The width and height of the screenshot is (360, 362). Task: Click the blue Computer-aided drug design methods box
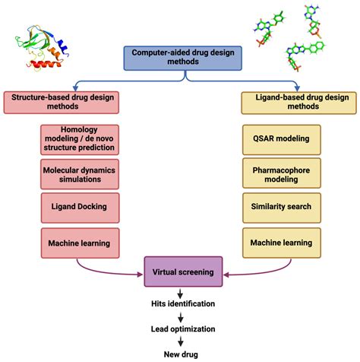coord(180,57)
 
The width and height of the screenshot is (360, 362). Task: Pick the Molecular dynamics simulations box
coord(79,174)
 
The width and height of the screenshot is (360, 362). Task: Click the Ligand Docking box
coord(79,207)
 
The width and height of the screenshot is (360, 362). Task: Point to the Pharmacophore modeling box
coord(278,173)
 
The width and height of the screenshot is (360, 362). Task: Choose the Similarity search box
coord(278,207)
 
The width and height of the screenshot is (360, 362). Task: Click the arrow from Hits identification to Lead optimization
coord(180,317)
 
